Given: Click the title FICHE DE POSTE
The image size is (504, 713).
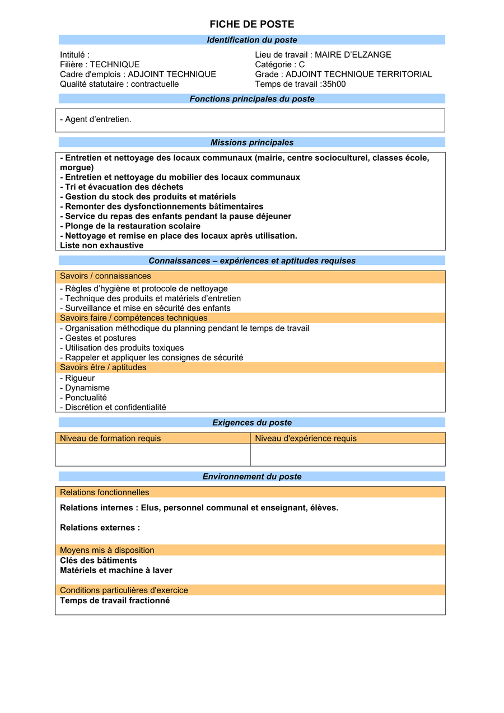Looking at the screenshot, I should [x=251, y=24].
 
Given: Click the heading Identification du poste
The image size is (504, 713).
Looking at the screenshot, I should [x=251, y=40].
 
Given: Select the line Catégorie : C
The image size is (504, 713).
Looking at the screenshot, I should [x=279, y=64].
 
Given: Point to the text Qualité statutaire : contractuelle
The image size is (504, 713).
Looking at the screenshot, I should [x=119, y=84].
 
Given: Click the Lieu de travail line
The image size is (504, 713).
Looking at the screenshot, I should [x=323, y=55].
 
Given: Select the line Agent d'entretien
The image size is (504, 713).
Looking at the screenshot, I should [x=96, y=119].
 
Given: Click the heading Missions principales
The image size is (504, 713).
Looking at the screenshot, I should [x=251, y=142].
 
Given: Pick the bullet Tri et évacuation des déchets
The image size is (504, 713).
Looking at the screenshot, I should [x=122, y=187].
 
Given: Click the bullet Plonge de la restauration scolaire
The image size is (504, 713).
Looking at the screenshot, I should [x=130, y=226].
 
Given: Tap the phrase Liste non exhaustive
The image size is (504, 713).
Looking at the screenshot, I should [x=101, y=245].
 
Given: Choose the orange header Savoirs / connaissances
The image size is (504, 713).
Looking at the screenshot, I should [x=105, y=276].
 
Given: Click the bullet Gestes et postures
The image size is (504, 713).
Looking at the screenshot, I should [x=98, y=338].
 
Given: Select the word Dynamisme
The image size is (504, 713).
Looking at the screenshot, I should [x=87, y=388].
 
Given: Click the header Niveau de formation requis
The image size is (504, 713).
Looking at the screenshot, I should [x=110, y=439].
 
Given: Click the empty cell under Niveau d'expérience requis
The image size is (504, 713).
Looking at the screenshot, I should [x=347, y=455].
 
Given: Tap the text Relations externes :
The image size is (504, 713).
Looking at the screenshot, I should [x=100, y=528].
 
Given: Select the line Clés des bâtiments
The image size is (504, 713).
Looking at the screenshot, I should [x=99, y=561].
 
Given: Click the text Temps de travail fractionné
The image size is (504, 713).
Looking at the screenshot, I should [x=115, y=601].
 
